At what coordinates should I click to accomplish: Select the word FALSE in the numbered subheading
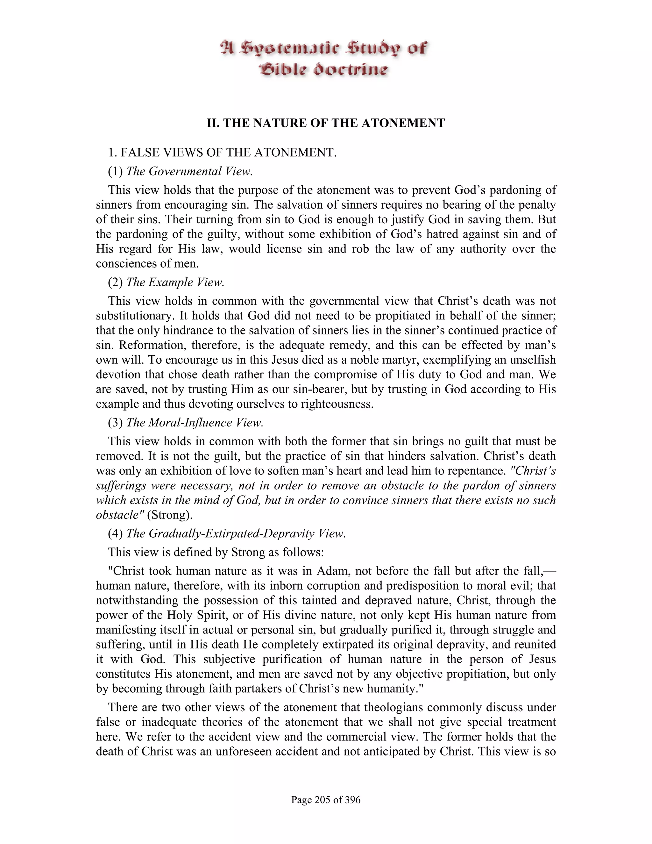pos(138,153)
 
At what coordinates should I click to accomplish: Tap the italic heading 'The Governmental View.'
pos(189,171)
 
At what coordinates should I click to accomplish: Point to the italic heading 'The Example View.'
pos(175,282)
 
